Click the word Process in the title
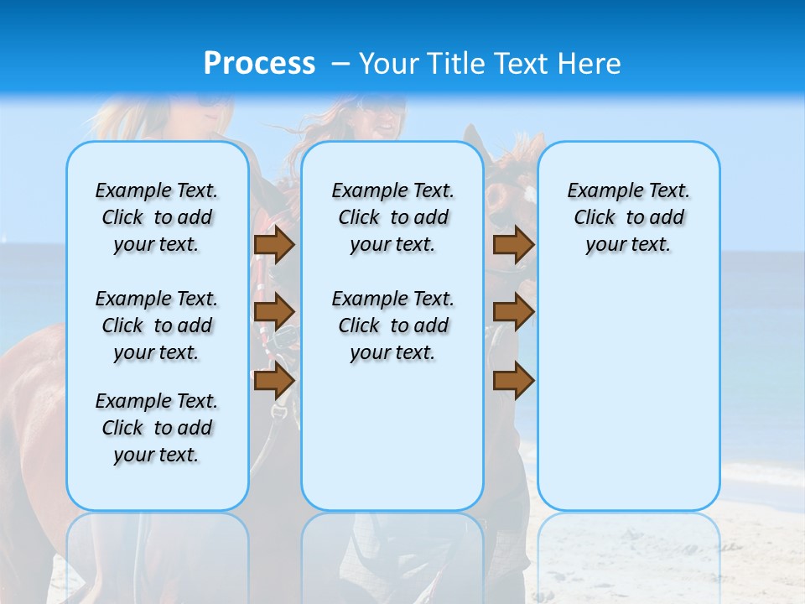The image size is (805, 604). pyautogui.click(x=259, y=63)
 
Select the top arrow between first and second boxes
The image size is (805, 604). pyautogui.click(x=273, y=244)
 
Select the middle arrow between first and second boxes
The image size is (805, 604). pyautogui.click(x=273, y=312)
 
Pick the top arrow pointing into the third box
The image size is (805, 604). pyautogui.click(x=513, y=244)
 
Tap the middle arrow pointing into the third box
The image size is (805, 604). pyautogui.click(x=513, y=312)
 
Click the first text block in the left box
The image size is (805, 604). pyautogui.click(x=157, y=217)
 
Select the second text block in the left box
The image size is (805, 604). pyautogui.click(x=157, y=325)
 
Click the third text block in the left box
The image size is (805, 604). pyautogui.click(x=157, y=428)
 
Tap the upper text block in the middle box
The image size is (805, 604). pyautogui.click(x=392, y=217)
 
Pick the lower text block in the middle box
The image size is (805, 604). pyautogui.click(x=392, y=325)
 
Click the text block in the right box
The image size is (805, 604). pyautogui.click(x=628, y=217)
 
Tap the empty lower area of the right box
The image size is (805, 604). pyautogui.click(x=628, y=403)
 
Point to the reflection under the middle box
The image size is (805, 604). pyautogui.click(x=392, y=554)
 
